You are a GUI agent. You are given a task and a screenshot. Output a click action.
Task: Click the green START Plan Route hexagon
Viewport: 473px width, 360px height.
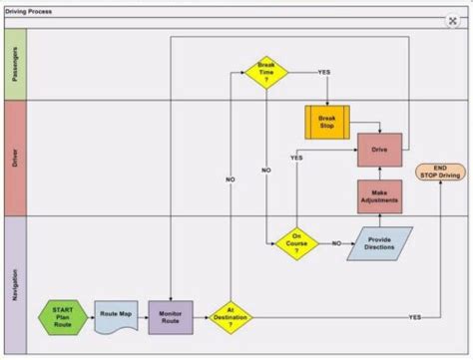coord(63,317)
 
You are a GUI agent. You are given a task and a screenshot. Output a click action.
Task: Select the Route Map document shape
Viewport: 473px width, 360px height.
coord(116,317)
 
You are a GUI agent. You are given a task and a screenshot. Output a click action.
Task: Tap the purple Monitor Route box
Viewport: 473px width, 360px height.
coord(171,317)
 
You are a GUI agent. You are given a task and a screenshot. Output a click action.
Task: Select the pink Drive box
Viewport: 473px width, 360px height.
coord(380,150)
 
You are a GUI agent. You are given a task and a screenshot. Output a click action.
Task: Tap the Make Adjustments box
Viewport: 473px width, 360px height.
coord(380,196)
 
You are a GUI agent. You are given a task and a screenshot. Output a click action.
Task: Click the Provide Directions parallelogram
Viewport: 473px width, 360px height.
coord(379,243)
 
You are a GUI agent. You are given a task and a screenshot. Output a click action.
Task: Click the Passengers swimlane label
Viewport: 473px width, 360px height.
coord(15,63)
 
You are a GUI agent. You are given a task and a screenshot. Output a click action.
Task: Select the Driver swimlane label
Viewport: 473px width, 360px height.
coord(15,157)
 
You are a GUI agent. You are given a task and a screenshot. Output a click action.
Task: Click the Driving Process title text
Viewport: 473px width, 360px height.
coord(29,7)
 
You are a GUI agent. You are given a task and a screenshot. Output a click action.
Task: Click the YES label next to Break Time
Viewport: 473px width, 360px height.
coord(324,72)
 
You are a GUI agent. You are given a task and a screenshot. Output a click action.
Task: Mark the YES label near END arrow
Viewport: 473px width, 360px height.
coord(415,317)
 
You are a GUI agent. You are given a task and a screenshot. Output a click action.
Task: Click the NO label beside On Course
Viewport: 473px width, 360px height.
coord(336,243)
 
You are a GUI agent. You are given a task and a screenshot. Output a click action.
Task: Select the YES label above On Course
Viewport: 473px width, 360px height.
coord(296,159)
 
